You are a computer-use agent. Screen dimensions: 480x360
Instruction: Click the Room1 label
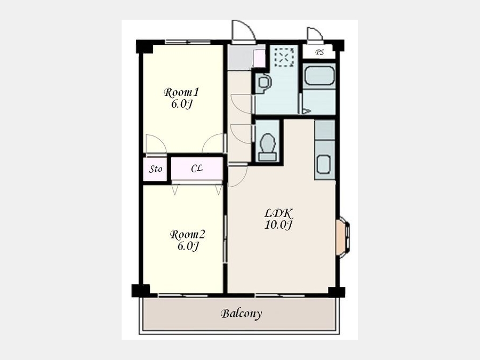pyautogui.click(x=181, y=92)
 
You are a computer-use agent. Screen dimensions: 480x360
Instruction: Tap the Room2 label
pyautogui.click(x=188, y=235)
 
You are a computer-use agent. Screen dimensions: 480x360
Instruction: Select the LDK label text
pyautogui.click(x=279, y=213)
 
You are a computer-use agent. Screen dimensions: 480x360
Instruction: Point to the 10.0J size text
pyautogui.click(x=278, y=225)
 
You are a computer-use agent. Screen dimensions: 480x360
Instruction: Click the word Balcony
pyautogui.click(x=241, y=314)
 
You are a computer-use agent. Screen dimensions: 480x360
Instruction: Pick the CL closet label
pyautogui.click(x=197, y=169)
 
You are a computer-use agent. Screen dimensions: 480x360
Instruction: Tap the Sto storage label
pyautogui.click(x=156, y=169)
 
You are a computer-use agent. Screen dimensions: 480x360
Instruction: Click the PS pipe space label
pyautogui.click(x=319, y=52)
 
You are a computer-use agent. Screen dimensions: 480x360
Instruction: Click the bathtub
pyautogui.click(x=319, y=76)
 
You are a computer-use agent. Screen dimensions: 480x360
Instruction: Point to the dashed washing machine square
pyautogui.click(x=284, y=57)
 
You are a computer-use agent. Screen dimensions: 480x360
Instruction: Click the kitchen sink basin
pyautogui.click(x=324, y=164)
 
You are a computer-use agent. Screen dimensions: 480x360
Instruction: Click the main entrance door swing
pyautogui.click(x=244, y=30)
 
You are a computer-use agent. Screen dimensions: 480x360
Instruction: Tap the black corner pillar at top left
pyautogui.click(x=144, y=46)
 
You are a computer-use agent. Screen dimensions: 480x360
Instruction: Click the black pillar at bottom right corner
pyautogui.click(x=337, y=292)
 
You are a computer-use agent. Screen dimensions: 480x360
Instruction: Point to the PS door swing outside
pyautogui.click(x=315, y=34)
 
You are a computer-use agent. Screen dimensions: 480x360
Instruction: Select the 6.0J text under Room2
pyautogui.click(x=188, y=246)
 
